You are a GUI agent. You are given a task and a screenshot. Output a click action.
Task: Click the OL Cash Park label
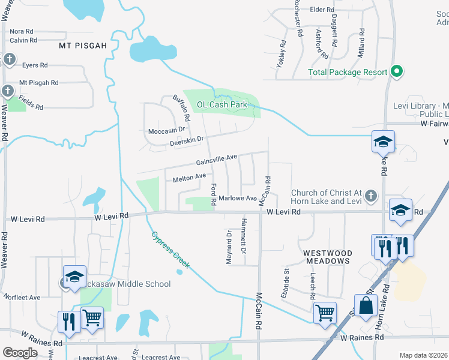[222, 104]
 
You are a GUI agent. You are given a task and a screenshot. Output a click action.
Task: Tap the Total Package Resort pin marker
[396, 71]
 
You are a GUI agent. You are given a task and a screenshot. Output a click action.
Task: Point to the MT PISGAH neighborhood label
[82, 46]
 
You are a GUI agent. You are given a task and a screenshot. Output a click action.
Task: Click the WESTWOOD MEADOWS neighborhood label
[328, 257]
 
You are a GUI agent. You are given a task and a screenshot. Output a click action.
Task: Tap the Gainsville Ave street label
[217, 160]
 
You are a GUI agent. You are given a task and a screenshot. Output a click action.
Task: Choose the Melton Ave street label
[189, 178]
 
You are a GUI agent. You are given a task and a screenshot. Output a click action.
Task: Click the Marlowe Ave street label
[238, 198]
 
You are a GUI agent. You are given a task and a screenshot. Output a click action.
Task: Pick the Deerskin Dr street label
[187, 140]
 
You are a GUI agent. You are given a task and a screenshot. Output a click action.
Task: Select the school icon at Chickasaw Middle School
[74, 277]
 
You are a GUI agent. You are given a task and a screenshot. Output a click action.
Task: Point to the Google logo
[20, 352]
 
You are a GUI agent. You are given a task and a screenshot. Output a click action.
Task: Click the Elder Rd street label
[322, 10]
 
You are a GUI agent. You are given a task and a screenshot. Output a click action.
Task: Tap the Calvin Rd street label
[23, 40]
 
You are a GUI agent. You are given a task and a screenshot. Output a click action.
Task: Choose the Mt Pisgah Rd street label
[38, 83]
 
